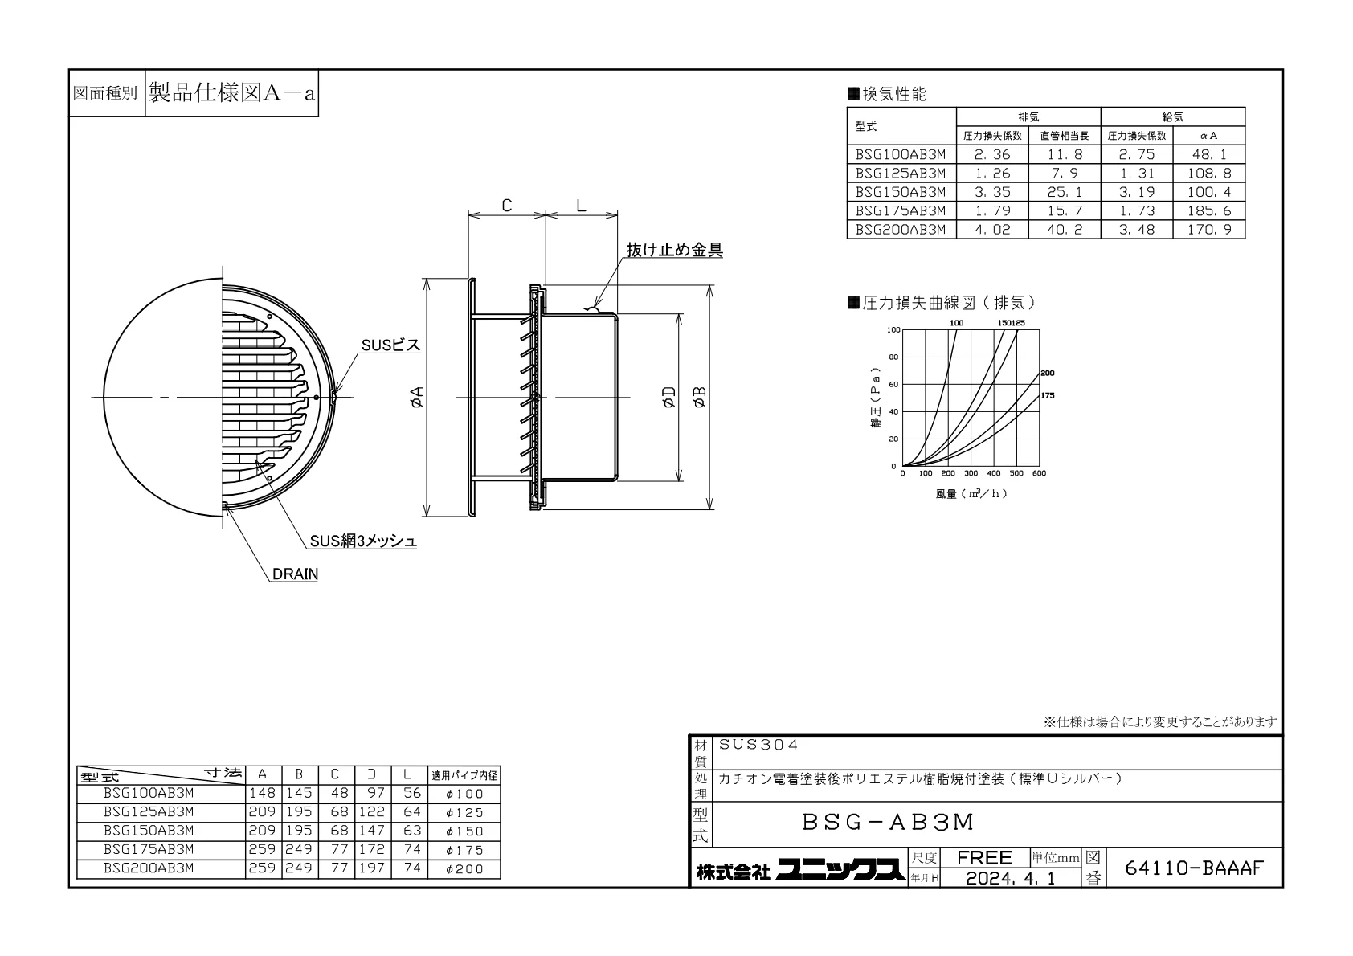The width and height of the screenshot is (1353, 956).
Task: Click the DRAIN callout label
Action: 295,574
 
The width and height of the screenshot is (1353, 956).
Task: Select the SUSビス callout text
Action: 390,345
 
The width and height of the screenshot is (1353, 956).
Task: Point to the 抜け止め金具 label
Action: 674,250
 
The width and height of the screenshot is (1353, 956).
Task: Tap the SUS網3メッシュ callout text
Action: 363,541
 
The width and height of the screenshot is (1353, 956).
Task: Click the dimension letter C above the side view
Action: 507,206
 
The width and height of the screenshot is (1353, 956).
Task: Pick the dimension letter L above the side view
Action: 581,206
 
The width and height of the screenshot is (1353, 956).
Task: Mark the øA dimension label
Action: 416,398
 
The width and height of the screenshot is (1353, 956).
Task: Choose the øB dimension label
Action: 700,398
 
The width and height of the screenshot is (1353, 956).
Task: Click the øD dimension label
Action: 668,398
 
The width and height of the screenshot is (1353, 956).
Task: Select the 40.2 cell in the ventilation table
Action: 1065,230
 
